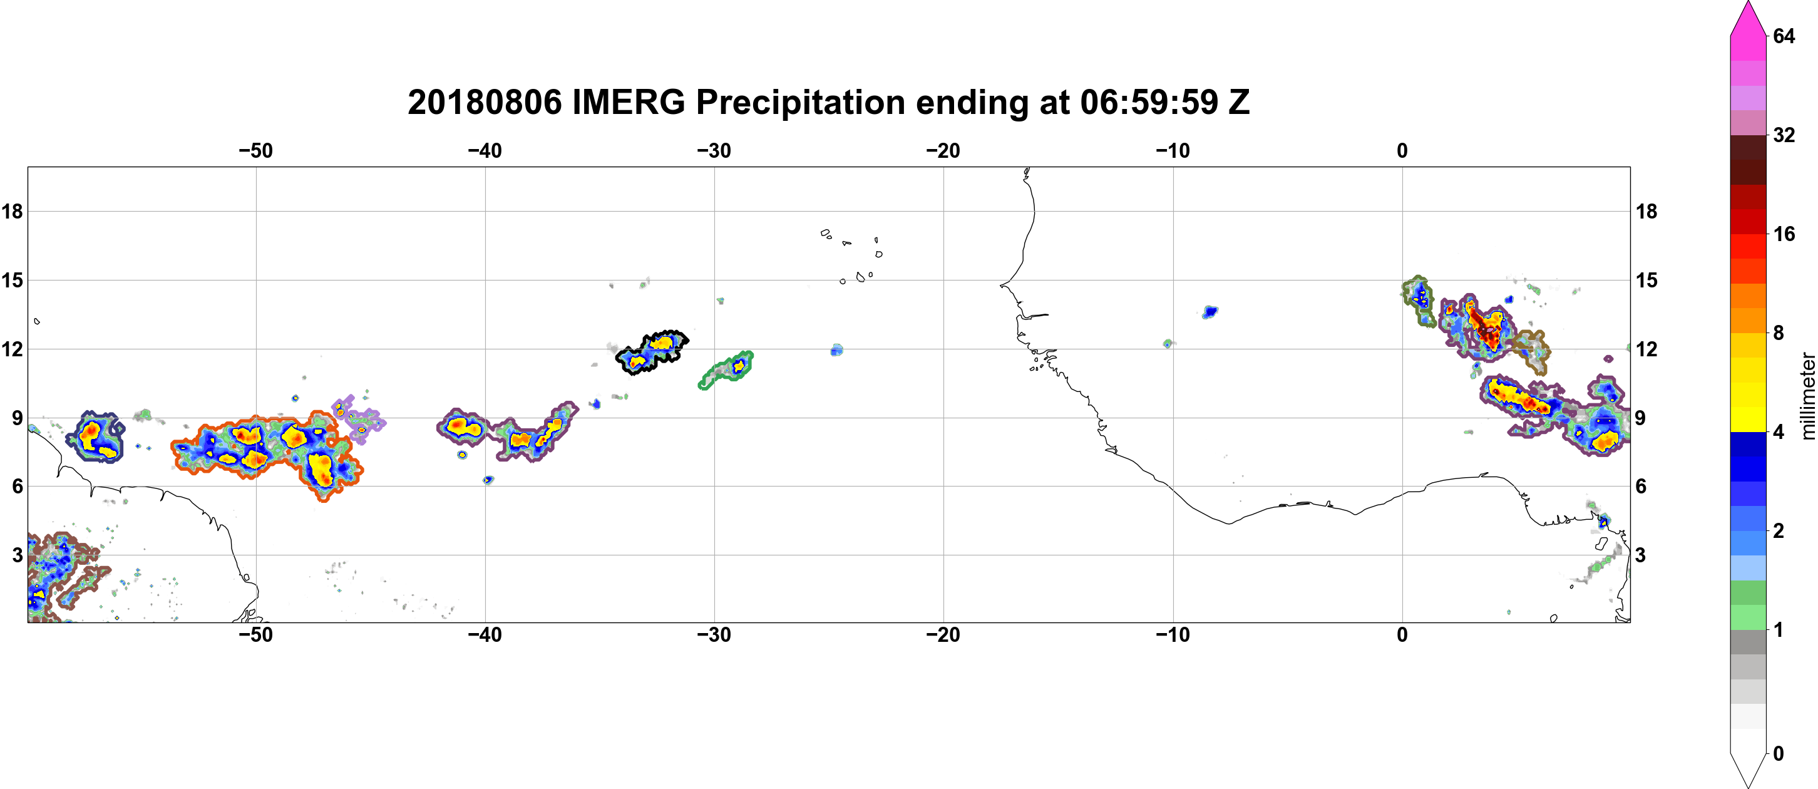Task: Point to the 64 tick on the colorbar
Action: point(1784,36)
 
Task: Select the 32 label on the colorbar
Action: point(1784,135)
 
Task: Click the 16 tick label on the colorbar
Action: point(1784,234)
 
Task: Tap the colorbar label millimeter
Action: point(1807,396)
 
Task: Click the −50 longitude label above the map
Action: point(255,151)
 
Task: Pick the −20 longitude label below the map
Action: point(943,635)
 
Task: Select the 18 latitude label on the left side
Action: point(12,211)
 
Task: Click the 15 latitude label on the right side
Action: point(1646,280)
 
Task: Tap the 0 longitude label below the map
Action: point(1402,635)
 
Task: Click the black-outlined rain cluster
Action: point(652,351)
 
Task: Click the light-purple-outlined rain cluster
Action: point(359,418)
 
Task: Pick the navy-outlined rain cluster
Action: point(95,437)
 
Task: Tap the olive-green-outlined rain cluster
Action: point(1419,301)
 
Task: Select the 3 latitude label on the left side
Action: point(17,555)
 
